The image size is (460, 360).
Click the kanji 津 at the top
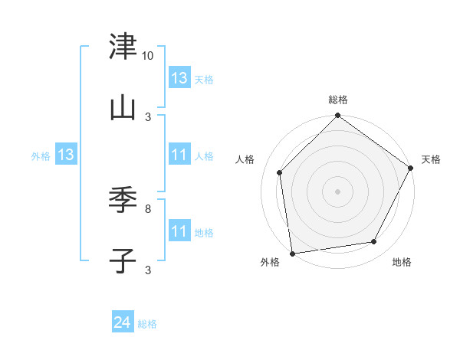[x=123, y=47]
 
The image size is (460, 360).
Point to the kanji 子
[x=123, y=260]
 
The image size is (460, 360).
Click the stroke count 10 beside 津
[x=148, y=56]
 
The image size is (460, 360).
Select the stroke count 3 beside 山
[x=148, y=116]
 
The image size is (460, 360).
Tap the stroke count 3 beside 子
[x=148, y=270]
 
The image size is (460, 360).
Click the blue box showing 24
[x=123, y=323]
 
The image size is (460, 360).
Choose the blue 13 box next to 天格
[x=179, y=78]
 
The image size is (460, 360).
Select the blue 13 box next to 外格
[x=66, y=155]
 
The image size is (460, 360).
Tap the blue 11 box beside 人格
[x=179, y=155]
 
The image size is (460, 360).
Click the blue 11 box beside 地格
[x=179, y=231]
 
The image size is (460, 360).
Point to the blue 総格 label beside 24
[x=148, y=325]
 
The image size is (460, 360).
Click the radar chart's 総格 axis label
[x=338, y=100]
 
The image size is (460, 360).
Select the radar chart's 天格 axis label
[x=431, y=159]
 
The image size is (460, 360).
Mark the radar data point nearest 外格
[x=292, y=253]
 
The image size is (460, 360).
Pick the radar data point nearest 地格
[x=374, y=241]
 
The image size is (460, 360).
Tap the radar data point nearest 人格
[x=280, y=172]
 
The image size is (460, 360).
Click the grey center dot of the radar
[x=338, y=191]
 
